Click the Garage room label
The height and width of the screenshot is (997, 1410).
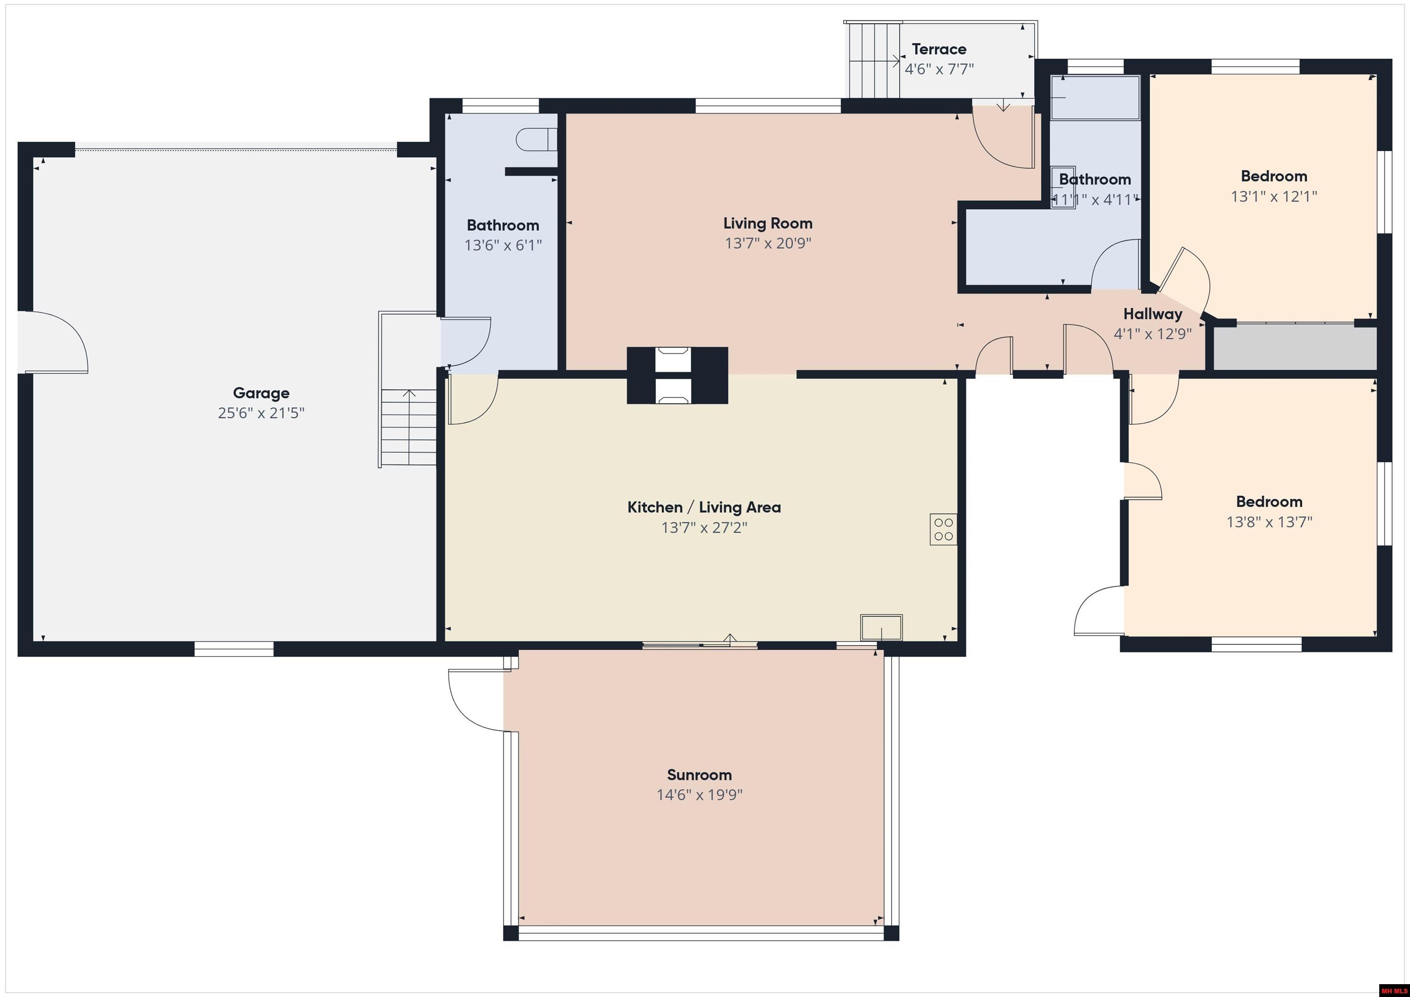[261, 393]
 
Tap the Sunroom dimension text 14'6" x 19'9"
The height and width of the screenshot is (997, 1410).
[699, 794]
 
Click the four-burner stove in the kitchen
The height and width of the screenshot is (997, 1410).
[943, 529]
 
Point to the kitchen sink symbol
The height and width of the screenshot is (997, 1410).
[881, 627]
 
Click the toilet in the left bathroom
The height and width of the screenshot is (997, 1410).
[536, 139]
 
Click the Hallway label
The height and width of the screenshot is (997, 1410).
[1153, 314]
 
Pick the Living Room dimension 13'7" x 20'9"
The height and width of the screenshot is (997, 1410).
[767, 243]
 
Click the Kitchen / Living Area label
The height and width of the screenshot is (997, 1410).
[704, 507]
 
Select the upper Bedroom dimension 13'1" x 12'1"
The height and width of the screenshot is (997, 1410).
[1274, 196]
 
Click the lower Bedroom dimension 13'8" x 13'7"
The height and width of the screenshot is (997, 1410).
[1269, 522]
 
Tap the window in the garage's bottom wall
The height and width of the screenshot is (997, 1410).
[234, 648]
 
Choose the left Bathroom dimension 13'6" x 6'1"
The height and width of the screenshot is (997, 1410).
[503, 245]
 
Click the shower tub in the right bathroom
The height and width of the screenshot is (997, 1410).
[1095, 97]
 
